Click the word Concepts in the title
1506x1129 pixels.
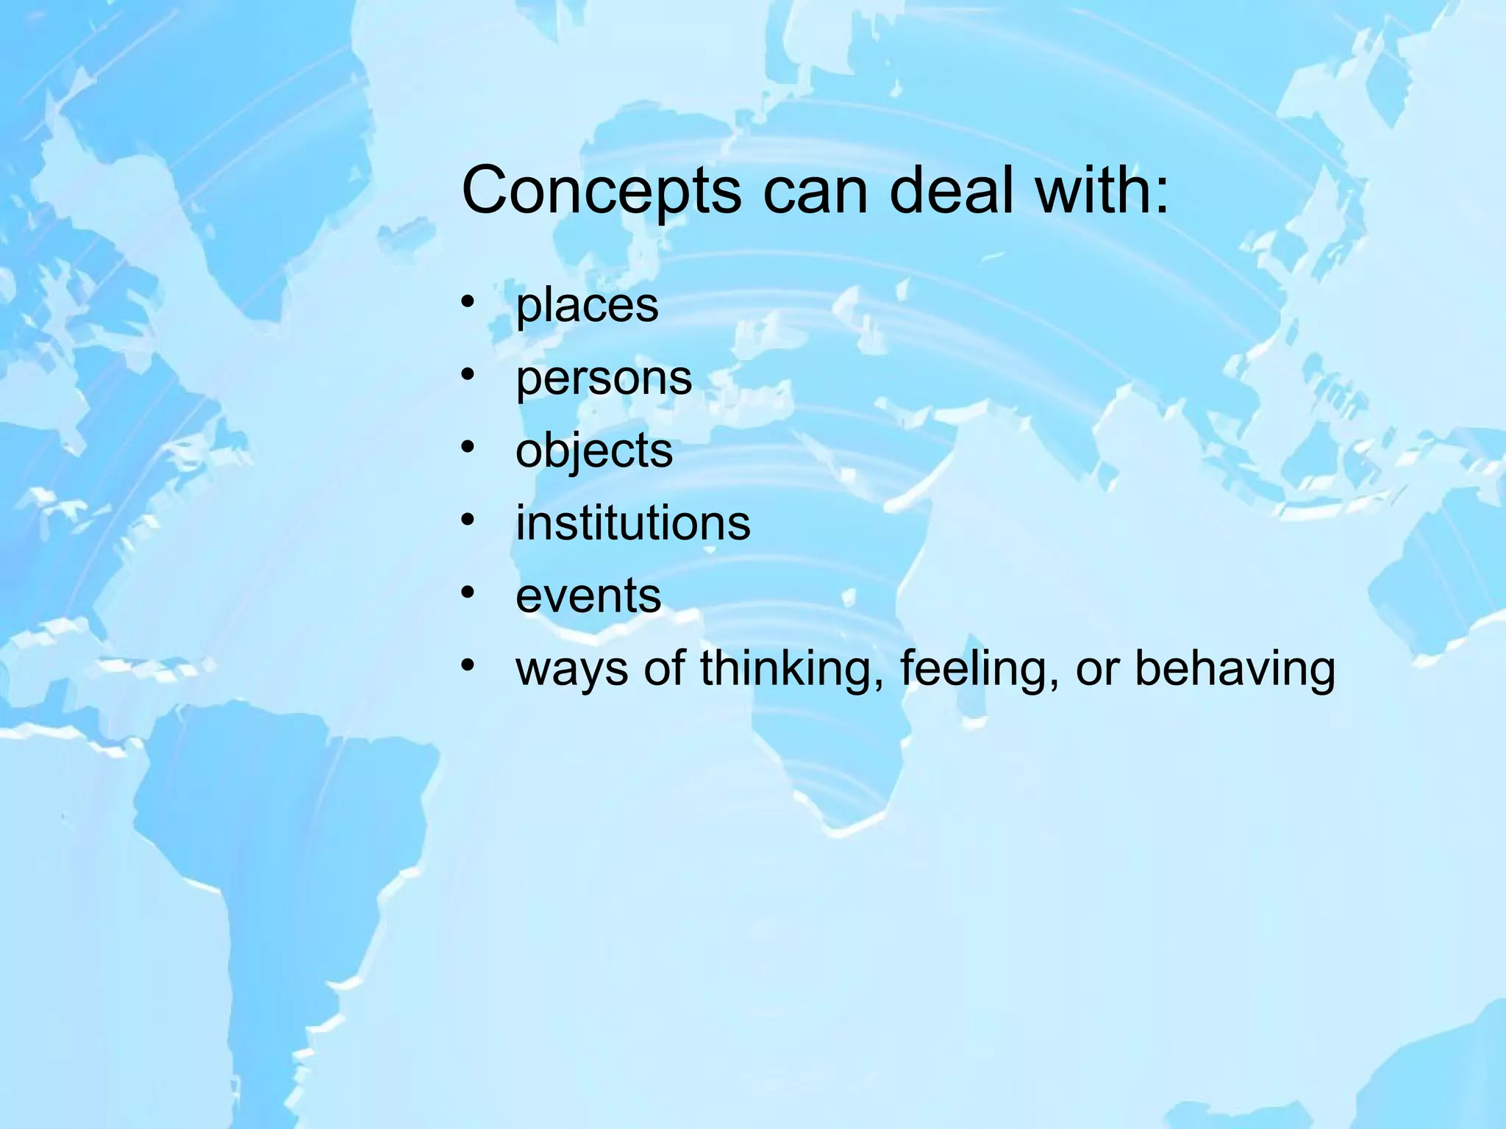pos(601,191)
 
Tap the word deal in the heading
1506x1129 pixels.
pos(949,190)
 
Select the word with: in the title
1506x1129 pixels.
pos(1102,190)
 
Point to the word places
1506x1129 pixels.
pos(587,306)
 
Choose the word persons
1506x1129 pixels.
pos(604,379)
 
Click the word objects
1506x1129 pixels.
pos(594,451)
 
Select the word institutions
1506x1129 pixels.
pos(633,523)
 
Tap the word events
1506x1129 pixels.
pos(588,595)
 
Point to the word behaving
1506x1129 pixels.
pos(1235,669)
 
